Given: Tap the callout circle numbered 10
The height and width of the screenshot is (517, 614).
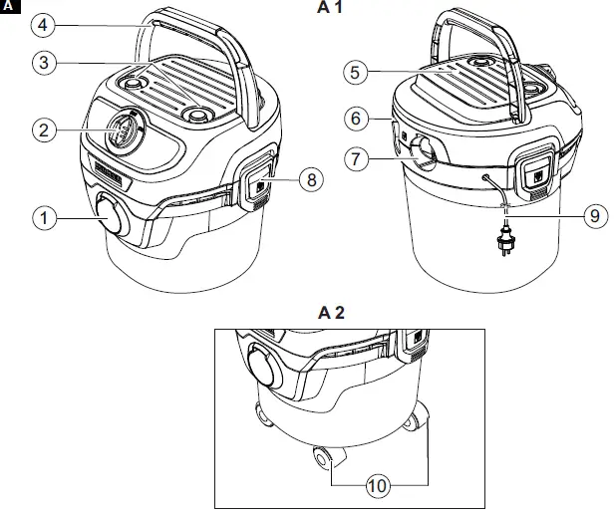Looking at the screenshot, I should point(376,486).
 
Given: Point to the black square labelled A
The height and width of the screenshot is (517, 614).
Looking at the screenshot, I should point(9,9).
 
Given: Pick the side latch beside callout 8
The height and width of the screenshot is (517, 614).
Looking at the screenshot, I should point(258,179).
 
